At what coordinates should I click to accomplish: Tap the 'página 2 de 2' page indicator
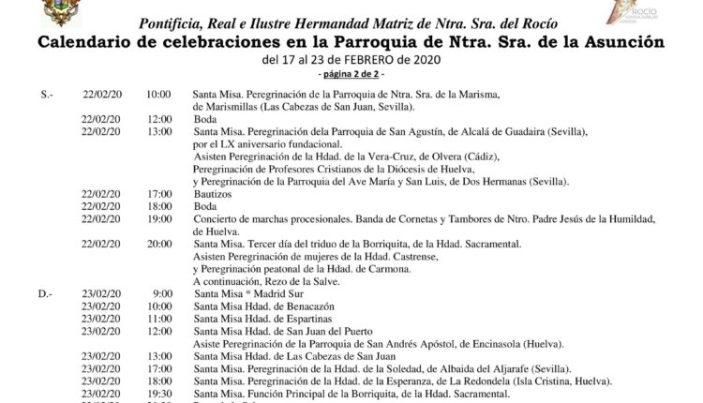click(x=351, y=73)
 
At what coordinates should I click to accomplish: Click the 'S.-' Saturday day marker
click(x=48, y=95)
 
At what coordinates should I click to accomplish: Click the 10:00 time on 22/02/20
click(x=158, y=95)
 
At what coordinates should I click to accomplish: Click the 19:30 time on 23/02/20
click(x=158, y=394)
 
